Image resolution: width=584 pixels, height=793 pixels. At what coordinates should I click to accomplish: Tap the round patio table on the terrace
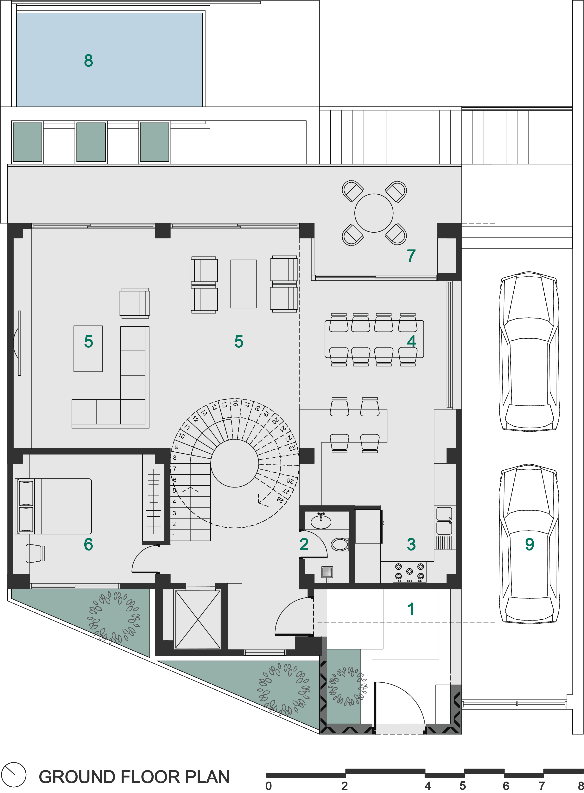[x=374, y=213]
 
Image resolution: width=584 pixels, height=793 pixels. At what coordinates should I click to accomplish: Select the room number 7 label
[x=411, y=255]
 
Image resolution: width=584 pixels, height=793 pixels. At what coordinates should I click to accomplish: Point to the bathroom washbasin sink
[x=321, y=521]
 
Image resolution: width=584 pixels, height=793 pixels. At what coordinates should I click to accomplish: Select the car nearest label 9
[x=529, y=544]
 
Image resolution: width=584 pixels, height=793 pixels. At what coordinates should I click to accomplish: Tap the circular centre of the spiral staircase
[x=235, y=463]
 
